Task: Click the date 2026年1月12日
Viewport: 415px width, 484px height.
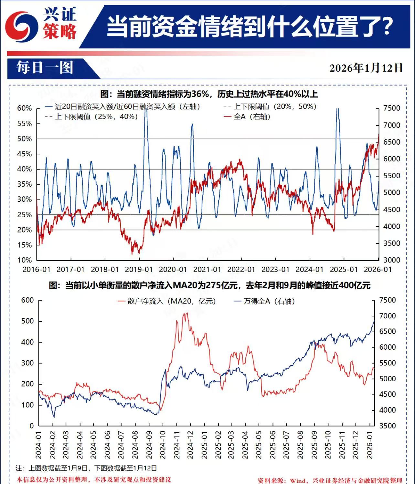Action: tap(366, 68)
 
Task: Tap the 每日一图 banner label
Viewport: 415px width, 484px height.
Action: tap(45, 68)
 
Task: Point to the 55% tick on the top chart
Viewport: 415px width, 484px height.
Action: tap(25, 124)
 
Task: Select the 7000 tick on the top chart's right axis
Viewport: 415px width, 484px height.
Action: tap(392, 125)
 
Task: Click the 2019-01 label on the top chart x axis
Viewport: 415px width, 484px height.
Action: tap(139, 270)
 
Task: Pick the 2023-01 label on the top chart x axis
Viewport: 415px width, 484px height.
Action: tap(275, 270)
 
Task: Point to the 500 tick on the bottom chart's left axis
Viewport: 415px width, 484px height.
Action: tap(27, 321)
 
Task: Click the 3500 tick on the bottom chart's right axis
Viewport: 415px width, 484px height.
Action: tap(388, 426)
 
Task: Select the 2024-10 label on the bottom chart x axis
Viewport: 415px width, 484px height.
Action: tap(163, 445)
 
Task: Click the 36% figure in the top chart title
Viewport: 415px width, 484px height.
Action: tap(200, 94)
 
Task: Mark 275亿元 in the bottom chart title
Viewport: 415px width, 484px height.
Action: tap(221, 285)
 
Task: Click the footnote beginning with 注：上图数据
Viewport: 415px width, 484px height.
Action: tap(86, 468)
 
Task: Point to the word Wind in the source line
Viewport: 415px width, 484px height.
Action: tap(298, 480)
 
